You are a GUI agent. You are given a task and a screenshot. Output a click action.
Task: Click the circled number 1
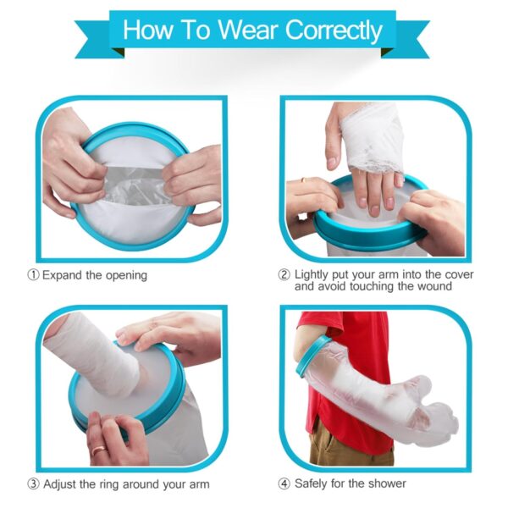click(x=33, y=275)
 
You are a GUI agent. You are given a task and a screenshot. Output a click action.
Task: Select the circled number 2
click(x=284, y=275)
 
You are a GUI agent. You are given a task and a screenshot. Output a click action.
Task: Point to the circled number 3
click(x=33, y=484)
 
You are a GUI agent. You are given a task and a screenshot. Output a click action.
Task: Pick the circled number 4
click(x=284, y=484)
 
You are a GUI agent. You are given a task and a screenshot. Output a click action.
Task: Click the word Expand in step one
click(x=62, y=276)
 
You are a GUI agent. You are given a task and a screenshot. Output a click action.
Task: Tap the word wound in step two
click(x=434, y=286)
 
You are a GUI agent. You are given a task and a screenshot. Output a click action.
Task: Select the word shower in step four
click(x=387, y=483)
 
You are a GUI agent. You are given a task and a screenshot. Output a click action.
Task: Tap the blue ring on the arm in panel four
click(x=310, y=356)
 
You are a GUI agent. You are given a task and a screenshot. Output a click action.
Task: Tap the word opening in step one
click(x=127, y=276)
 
